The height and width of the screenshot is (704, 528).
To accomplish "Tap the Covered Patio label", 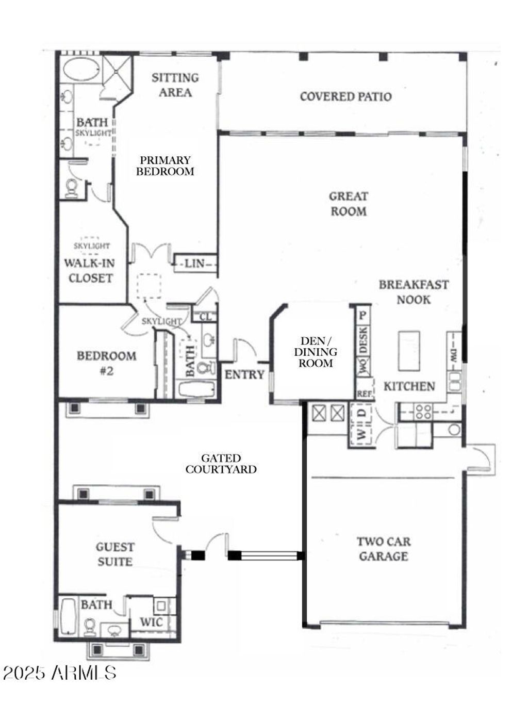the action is [345, 96].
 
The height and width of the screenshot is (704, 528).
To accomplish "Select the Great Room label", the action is [349, 204].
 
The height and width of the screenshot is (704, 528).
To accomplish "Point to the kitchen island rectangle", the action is [409, 351].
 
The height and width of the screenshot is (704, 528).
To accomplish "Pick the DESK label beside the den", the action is [363, 340].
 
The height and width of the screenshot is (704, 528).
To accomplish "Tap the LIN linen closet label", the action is [194, 264].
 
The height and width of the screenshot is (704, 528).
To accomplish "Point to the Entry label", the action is [244, 374].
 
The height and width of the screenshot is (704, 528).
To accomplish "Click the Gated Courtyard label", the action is [221, 464].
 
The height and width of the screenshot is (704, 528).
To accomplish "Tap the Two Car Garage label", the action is [384, 549].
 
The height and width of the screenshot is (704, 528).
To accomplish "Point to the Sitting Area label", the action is [175, 85].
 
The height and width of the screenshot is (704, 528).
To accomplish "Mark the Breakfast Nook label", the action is [414, 292].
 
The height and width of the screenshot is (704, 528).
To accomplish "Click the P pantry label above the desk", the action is [362, 315].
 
